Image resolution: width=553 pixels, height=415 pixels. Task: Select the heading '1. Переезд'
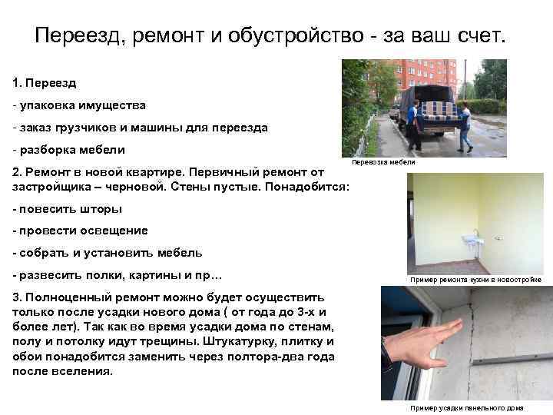tap(45, 81)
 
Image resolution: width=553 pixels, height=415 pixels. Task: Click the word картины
tap(151, 275)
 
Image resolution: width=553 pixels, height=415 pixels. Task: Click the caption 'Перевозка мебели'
tap(383, 162)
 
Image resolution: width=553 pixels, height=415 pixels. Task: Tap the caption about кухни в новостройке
tap(475, 280)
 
